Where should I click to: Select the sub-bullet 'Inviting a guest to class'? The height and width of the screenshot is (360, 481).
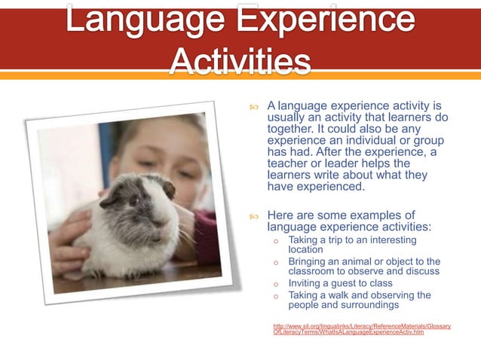340,283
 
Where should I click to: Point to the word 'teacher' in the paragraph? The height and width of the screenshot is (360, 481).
290,163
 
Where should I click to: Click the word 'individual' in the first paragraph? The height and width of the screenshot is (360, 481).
375,140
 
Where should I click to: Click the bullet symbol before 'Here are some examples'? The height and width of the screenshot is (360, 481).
255,216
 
